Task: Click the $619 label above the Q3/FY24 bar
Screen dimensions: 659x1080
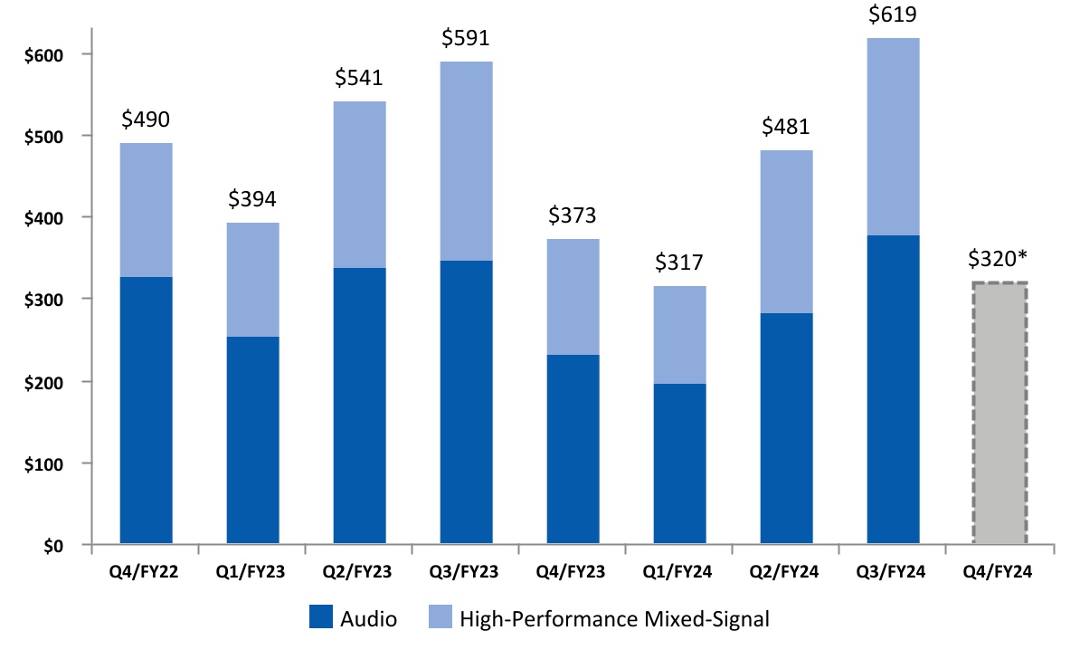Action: tap(893, 15)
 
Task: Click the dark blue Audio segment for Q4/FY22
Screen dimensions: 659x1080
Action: tap(146, 411)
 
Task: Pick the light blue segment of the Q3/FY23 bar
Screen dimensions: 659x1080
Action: tap(466, 161)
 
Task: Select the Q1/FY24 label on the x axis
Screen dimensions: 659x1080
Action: tap(679, 572)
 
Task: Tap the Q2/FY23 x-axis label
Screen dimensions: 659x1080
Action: tap(359, 572)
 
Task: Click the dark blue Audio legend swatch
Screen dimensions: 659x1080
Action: tap(321, 619)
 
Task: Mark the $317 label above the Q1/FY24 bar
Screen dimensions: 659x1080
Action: tap(679, 263)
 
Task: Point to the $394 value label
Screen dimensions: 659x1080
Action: tap(252, 200)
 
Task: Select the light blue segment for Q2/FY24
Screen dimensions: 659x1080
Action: tap(786, 232)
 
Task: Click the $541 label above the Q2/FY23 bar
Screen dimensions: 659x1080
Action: tap(359, 79)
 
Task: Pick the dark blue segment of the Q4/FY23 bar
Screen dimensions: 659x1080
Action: tap(573, 450)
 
